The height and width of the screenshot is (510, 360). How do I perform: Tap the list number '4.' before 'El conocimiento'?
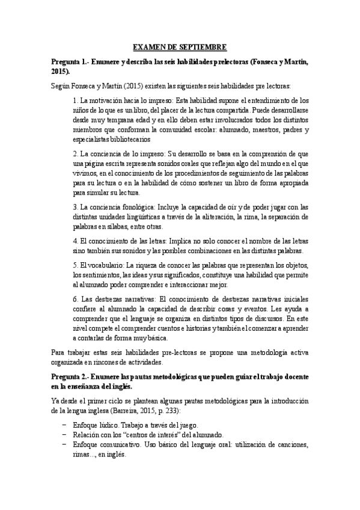tap(75, 241)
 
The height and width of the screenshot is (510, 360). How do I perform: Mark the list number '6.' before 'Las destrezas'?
tap(75, 299)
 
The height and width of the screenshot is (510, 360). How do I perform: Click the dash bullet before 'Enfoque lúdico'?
tap(64, 425)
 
